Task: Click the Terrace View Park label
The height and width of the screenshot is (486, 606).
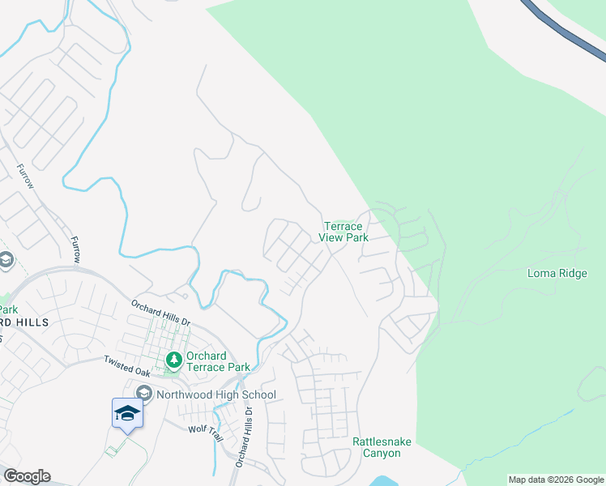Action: tap(346, 232)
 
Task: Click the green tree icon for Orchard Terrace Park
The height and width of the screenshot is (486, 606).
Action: tap(173, 359)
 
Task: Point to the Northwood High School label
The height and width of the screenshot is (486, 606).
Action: tap(216, 394)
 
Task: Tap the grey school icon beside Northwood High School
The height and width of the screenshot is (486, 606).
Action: tap(144, 394)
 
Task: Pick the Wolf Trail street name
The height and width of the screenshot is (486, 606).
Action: tap(205, 428)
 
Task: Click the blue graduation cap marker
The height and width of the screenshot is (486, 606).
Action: tap(127, 413)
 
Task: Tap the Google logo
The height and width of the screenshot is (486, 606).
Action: tap(27, 476)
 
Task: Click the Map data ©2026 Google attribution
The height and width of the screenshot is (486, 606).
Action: tap(556, 480)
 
